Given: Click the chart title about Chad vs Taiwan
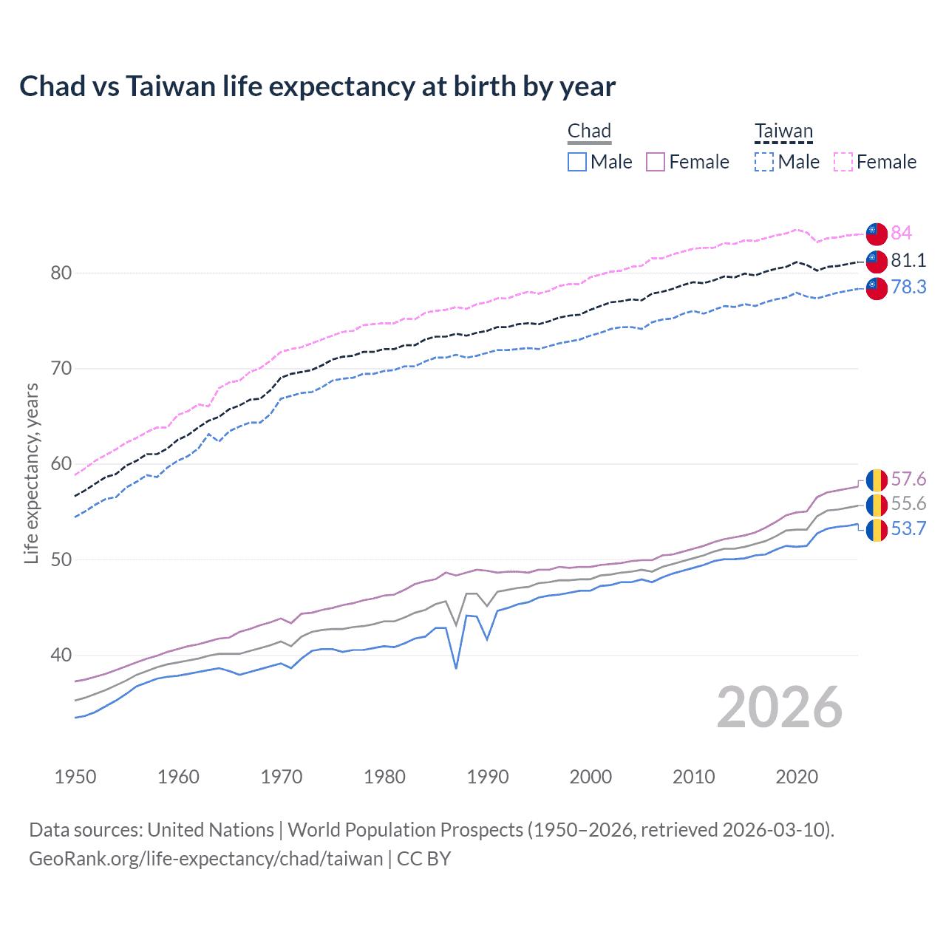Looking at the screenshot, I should coord(317,86).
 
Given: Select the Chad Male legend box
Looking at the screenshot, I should coord(577,162).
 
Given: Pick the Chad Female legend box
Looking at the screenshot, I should coord(656,162).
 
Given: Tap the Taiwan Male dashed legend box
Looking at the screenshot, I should coord(764,162).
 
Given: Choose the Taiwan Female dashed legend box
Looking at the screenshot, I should coord(843,162).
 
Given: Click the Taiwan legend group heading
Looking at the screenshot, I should coord(783,132).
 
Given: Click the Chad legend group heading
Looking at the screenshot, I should coord(589,132).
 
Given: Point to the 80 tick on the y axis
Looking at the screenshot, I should coord(61,273).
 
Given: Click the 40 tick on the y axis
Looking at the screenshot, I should coord(61,655).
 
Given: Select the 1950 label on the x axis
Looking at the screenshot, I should coord(75,777).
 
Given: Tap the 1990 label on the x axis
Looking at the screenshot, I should coord(488,777).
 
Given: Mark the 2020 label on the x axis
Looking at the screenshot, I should coord(797,777).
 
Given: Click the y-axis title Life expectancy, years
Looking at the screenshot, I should coord(31,473).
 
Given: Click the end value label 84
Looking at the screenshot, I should coord(901,234).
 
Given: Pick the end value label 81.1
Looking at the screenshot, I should coord(908,260).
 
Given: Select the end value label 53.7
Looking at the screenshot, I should coord(908,529).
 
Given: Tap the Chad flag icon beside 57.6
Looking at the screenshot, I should coord(877,480).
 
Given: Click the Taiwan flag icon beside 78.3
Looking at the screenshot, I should coord(877,288).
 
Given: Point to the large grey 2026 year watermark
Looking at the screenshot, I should coord(779,707).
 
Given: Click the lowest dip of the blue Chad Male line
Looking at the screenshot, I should coord(456,668).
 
